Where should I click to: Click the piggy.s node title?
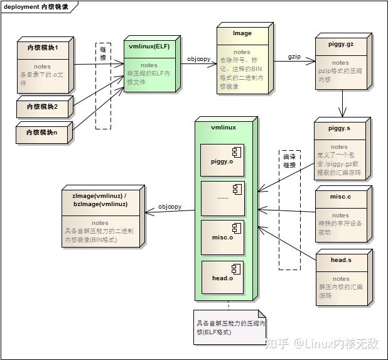pos(340,128)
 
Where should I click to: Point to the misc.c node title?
pos(340,197)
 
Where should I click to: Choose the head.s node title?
pos(341,259)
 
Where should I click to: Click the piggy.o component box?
pos(222,160)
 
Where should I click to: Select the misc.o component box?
pos(222,236)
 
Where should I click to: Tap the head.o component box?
pos(222,277)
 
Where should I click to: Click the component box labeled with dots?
pos(222,198)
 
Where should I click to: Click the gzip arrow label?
pos(294,57)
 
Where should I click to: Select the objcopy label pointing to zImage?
pos(170,206)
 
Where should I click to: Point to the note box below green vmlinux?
pos(230,327)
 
